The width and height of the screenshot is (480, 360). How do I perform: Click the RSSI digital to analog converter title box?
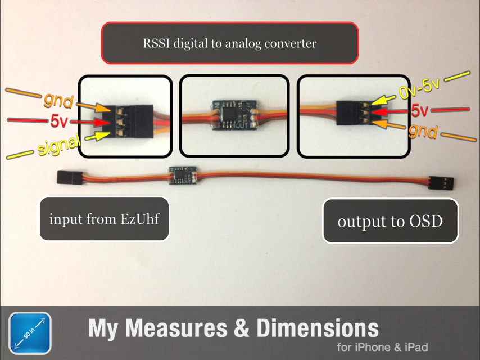[x=229, y=43]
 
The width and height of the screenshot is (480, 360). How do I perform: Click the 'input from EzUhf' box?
[x=104, y=219]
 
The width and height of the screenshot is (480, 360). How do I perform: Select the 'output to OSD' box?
[x=390, y=221]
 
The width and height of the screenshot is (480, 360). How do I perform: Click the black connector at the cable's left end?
[x=69, y=178]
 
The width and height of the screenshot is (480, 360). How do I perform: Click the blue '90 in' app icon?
[x=30, y=333]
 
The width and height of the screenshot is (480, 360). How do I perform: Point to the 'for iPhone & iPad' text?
[x=382, y=347]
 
